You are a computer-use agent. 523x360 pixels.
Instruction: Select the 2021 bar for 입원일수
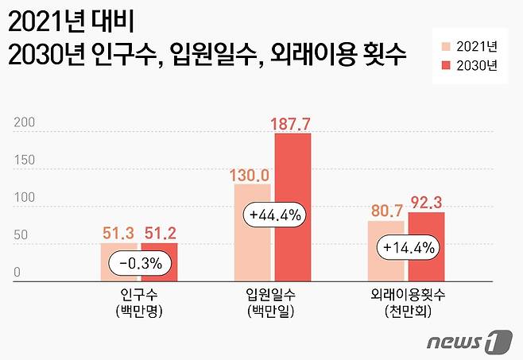(252, 246)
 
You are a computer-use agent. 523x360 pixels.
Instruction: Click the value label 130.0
(252, 172)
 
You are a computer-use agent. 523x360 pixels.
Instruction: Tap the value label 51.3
(119, 233)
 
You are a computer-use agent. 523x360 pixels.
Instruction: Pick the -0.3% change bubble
(139, 262)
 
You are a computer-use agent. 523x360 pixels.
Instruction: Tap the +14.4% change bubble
(406, 247)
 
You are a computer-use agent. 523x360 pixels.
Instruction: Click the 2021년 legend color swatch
(445, 45)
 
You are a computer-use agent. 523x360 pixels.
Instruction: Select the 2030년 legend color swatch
(445, 67)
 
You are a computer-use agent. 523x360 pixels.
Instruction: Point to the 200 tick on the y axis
(24, 122)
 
